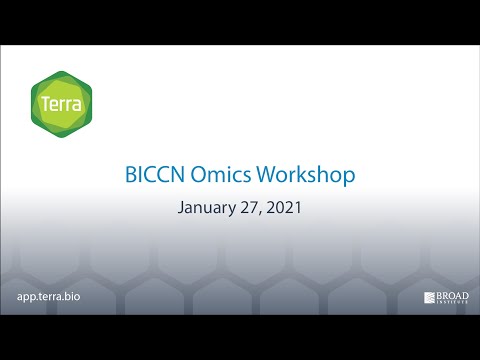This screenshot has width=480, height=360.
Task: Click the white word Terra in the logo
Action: [x=62, y=104]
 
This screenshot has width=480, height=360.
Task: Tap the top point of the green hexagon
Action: [x=62, y=71]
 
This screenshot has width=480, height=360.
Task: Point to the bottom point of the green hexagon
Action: [x=62, y=137]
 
